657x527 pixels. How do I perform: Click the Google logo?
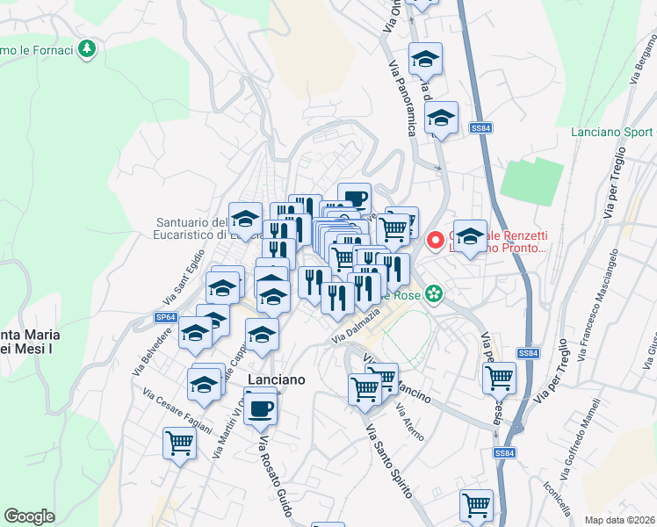click(30, 516)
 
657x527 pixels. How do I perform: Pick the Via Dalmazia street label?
click(356, 326)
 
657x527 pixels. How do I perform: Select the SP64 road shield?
click(165, 317)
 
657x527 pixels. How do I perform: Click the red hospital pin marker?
click(435, 240)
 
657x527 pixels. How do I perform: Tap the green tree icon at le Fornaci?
click(86, 48)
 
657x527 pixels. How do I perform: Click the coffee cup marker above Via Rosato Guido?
click(260, 407)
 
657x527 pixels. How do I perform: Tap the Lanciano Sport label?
click(612, 132)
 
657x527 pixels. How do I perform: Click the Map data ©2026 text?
click(620, 519)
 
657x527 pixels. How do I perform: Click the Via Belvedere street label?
click(152, 352)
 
